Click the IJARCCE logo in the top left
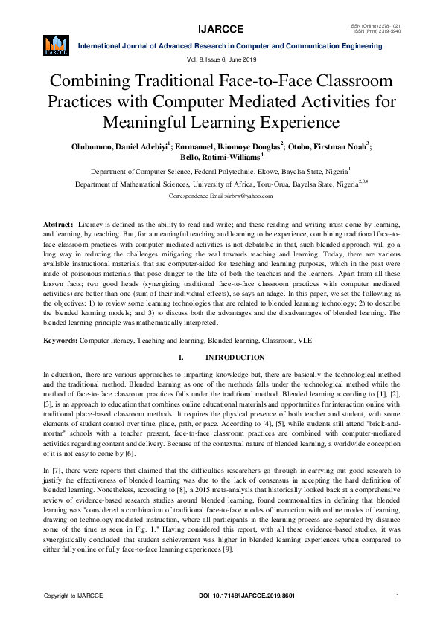click(57, 45)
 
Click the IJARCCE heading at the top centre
click(221, 30)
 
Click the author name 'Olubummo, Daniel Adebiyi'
click(119, 146)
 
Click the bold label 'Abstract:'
click(57, 224)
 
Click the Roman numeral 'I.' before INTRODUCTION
click(181, 358)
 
